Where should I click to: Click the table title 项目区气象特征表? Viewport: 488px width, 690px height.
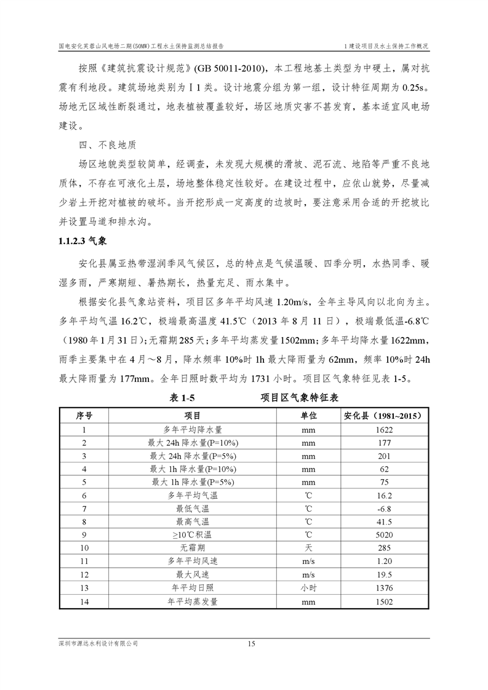tap(300, 398)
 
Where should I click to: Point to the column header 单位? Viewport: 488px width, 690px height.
tap(308, 416)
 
